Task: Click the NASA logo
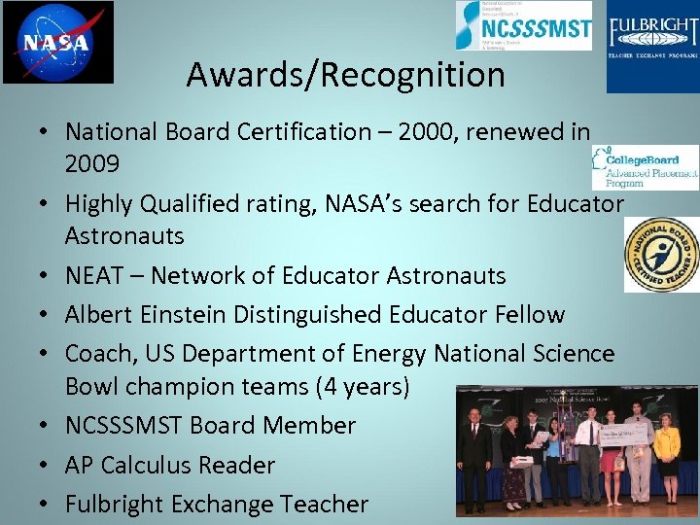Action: click(57, 42)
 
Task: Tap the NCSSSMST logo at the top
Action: click(524, 26)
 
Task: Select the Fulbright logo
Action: click(652, 46)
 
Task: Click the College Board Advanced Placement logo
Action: click(645, 166)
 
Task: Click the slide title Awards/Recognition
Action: click(345, 75)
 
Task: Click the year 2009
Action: click(92, 162)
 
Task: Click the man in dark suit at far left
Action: click(475, 457)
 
